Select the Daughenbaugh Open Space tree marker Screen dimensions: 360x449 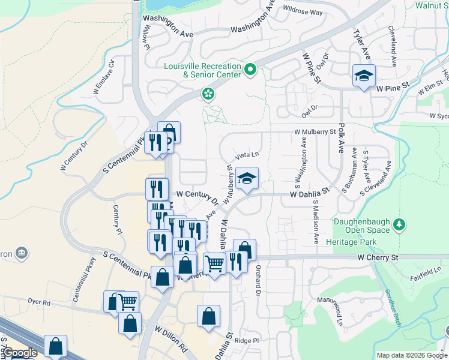tap(399, 224)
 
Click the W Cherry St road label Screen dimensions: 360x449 tap(378, 257)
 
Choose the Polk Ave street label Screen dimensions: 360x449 tap(341, 139)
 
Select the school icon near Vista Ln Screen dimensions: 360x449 tap(246, 178)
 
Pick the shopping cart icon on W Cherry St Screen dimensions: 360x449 tap(214, 263)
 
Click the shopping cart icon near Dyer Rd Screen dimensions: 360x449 tap(127, 301)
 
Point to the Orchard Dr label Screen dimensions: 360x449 tap(258, 280)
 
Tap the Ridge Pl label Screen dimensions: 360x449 tap(246, 340)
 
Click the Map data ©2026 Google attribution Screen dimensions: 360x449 tap(411, 355)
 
